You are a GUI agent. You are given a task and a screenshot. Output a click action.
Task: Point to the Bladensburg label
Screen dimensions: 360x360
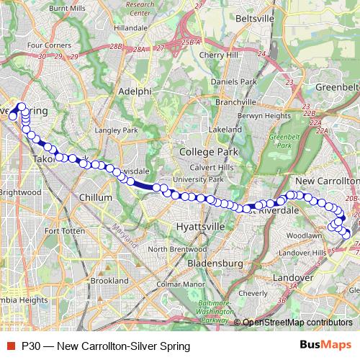point(214,243)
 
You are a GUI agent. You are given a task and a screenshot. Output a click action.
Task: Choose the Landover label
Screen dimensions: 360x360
point(294,276)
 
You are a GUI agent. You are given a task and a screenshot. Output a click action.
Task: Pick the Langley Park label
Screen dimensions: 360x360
point(116,130)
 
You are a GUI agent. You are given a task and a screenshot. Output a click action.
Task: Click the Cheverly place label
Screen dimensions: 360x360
point(252,293)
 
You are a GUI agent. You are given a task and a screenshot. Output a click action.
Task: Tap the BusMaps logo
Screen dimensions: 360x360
point(325,346)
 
